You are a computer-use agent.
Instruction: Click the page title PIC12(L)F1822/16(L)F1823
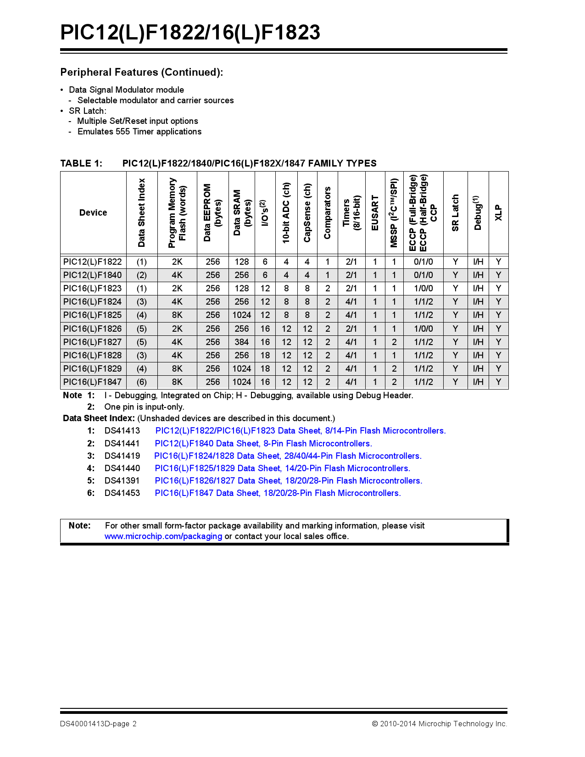(190, 33)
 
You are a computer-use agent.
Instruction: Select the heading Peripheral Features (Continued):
(142, 72)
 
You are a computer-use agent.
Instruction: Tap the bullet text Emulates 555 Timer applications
(139, 132)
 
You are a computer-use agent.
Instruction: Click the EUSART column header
(375, 213)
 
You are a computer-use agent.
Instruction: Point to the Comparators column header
(327, 213)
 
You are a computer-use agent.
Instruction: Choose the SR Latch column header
(455, 213)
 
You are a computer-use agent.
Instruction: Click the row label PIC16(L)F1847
(93, 382)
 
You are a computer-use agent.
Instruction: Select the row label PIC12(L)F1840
(93, 275)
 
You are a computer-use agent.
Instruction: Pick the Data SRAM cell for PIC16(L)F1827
(241, 342)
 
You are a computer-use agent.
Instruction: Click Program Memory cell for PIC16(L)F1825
(177, 315)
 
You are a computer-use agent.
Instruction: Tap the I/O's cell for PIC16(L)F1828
(265, 356)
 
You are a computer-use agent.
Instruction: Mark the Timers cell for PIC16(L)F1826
(351, 329)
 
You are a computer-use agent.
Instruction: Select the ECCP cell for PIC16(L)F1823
(423, 289)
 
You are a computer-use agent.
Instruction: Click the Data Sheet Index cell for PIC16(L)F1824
(142, 302)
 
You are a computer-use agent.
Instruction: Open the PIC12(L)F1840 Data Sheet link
(263, 444)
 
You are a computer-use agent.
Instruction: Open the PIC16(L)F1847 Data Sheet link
(278, 493)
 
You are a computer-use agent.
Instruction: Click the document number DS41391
(122, 481)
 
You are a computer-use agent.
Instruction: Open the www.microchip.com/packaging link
(163, 536)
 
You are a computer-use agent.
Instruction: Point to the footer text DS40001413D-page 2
(98, 724)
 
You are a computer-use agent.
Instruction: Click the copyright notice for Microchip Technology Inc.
(439, 724)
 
